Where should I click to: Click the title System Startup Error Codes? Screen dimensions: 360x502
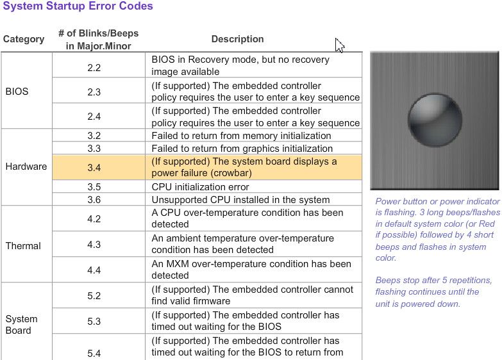78,7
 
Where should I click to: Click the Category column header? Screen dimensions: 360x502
24,39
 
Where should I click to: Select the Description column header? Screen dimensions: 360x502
237,39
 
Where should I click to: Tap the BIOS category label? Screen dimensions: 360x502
17,92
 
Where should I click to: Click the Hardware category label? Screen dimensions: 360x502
26,167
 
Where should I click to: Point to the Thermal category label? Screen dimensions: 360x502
23,246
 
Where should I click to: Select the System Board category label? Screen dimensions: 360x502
21,324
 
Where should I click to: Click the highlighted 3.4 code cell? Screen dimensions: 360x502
94,167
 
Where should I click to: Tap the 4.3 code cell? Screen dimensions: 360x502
94,245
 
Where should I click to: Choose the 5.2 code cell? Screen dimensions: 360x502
94,296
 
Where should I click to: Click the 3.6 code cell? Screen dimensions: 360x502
94,200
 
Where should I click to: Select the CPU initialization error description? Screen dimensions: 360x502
200,187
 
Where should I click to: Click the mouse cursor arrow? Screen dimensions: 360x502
339,45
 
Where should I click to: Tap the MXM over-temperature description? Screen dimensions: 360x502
251,270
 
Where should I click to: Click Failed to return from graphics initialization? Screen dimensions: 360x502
242,149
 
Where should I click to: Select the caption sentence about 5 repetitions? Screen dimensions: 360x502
433,292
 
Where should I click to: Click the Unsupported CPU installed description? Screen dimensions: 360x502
240,200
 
